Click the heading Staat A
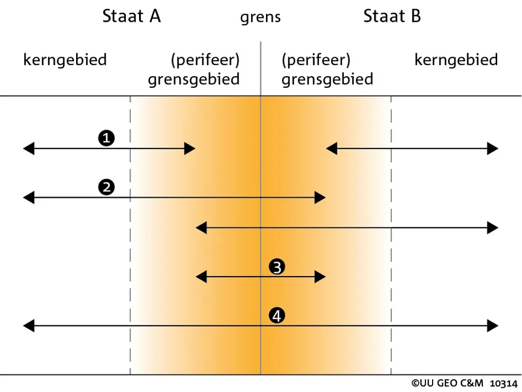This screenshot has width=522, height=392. click(x=132, y=16)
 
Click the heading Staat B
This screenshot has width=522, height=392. click(x=392, y=16)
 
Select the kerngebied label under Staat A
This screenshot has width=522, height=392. click(x=65, y=60)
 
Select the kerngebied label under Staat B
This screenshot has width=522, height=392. click(x=456, y=60)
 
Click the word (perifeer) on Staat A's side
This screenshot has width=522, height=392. click(x=205, y=60)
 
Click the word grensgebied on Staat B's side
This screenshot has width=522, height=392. click(x=327, y=79)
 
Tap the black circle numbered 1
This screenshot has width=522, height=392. click(x=106, y=138)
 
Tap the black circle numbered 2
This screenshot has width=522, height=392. click(x=106, y=187)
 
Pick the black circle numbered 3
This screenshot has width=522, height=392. click(x=277, y=267)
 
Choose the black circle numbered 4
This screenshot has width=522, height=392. click(x=277, y=315)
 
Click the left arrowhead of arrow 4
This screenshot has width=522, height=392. click(x=29, y=325)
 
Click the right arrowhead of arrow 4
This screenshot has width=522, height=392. click(x=492, y=325)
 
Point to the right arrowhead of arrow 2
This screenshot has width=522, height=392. click(x=320, y=197)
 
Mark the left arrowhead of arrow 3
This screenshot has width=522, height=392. click(x=201, y=277)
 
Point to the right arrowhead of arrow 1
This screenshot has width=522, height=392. click(x=190, y=149)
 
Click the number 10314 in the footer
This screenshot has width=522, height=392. click(x=503, y=384)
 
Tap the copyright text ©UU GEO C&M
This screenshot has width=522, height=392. click(x=447, y=384)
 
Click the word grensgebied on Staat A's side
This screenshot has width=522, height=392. click(x=194, y=79)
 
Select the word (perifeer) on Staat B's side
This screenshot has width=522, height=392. click(x=316, y=60)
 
